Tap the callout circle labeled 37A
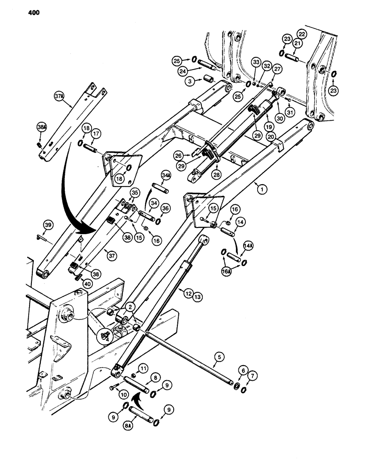pyautogui.click(x=58, y=97)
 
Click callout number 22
pyautogui.click(x=301, y=35)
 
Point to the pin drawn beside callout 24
pyautogui.click(x=206, y=64)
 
